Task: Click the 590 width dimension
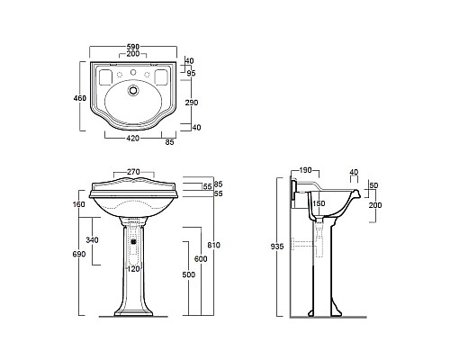(133, 47)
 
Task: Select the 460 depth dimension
(80, 98)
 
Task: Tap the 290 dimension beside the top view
(192, 103)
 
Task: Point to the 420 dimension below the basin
(133, 138)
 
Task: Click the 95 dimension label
(191, 73)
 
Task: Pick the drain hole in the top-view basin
(133, 90)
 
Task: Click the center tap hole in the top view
(133, 72)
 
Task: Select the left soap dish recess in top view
(105, 76)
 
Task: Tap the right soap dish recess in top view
(161, 76)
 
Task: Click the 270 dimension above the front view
(133, 172)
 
